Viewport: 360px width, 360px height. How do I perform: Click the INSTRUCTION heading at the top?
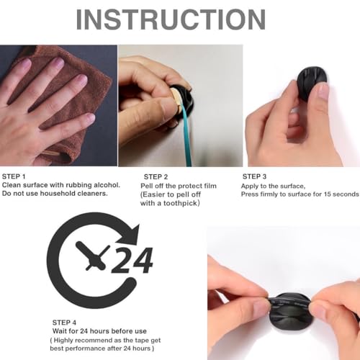(x=179, y=20)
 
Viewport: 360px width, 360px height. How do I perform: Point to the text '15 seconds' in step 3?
(x=338, y=194)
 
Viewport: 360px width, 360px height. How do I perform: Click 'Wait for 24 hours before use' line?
(x=98, y=331)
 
